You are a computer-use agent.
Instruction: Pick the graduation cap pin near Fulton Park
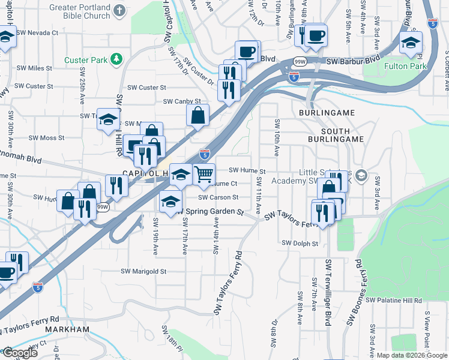(411, 43)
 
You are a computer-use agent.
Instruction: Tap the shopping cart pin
(204, 174)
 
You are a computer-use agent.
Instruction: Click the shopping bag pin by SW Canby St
(197, 114)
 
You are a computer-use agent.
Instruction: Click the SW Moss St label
(45, 138)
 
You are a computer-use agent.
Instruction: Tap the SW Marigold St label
(143, 271)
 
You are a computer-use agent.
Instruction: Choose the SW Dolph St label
(299, 243)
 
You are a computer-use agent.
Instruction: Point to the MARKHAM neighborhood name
(70, 329)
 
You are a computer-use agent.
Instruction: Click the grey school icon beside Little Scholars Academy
(361, 175)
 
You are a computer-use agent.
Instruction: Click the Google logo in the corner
(20, 353)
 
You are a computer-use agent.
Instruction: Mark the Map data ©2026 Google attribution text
(411, 355)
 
